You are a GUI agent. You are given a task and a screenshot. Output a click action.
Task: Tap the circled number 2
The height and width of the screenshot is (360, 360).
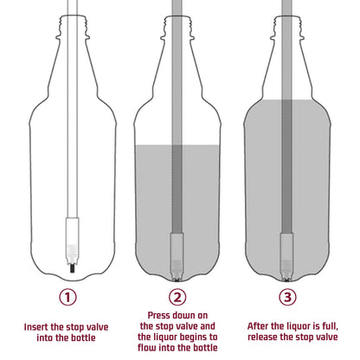click(x=178, y=297)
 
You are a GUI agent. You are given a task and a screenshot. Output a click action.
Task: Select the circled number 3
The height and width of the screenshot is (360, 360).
click(x=289, y=297)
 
